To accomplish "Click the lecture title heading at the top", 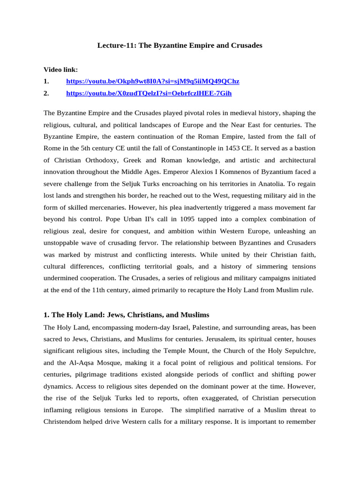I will pos(180,45).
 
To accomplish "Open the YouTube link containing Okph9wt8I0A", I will pos(152,81).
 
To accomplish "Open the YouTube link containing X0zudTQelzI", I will pos(149,93).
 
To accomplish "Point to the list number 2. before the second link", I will pos(46,93).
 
